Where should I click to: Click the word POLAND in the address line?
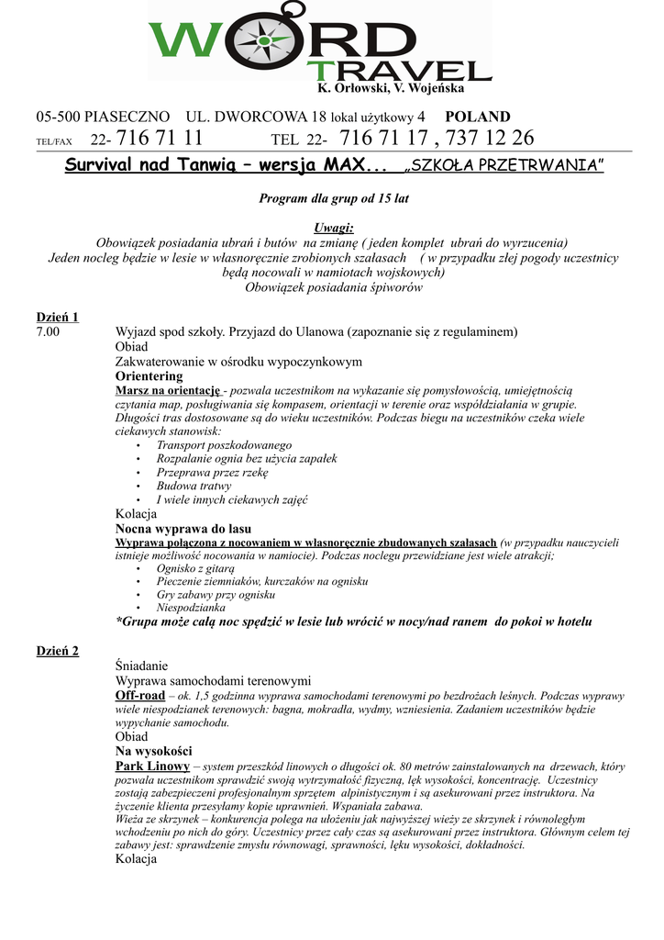coord(477,117)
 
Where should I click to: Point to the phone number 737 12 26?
coord(493,139)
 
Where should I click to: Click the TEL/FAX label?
coord(53,142)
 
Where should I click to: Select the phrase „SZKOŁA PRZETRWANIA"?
coord(504,166)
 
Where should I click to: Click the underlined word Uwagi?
coord(333,228)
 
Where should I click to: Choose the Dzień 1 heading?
coord(57,317)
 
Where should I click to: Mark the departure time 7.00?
coord(48,331)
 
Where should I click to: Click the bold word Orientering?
coord(149,375)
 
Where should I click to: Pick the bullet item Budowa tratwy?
coord(194,486)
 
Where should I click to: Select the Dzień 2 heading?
coord(57,651)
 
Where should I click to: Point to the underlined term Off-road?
coord(139,695)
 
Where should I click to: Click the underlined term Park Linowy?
coord(152,765)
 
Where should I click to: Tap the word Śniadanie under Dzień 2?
coord(142,666)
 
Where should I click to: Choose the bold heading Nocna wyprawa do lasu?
coord(183,529)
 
